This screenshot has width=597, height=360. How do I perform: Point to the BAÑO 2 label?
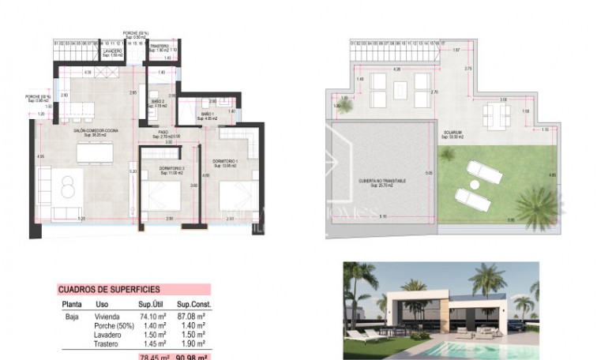(157, 102)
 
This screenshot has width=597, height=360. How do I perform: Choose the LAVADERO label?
(112, 51)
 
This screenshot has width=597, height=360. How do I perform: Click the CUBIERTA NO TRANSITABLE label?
(382, 181)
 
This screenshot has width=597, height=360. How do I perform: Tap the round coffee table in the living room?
(68, 186)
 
